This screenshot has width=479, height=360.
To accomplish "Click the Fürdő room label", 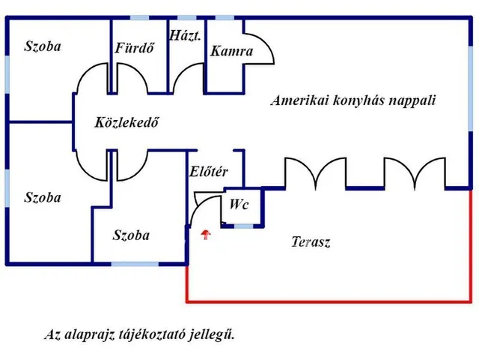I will tap(135, 49).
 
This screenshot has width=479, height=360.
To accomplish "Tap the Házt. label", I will tap(186, 35).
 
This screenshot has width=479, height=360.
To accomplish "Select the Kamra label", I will tap(231, 52).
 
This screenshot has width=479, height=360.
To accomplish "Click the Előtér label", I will tap(209, 172).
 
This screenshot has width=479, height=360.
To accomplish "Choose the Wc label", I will tap(239, 204).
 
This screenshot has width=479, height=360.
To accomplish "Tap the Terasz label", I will tap(311, 242).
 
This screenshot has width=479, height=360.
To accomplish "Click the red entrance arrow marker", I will tap(207, 235).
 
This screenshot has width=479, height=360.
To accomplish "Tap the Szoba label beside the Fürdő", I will tap(42, 46).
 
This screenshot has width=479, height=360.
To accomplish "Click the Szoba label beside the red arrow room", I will tap(131, 235).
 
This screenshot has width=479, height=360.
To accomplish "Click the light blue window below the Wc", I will tap(242, 226).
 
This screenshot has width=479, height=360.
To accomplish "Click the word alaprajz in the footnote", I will tap(92, 334).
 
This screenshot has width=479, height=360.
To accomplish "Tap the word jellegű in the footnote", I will tap(215, 334).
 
